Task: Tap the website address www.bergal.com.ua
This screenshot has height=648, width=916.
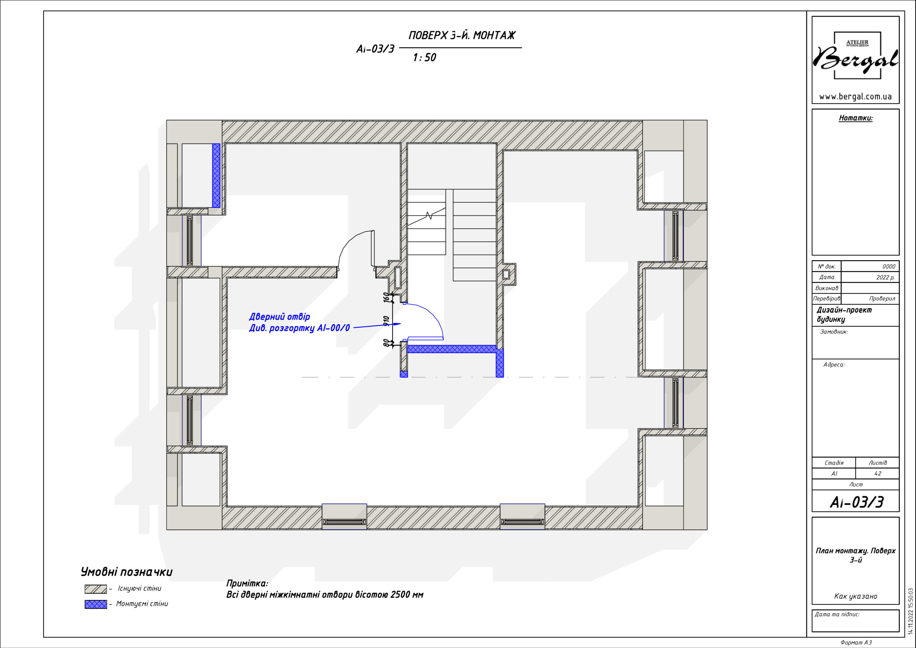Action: tap(856, 97)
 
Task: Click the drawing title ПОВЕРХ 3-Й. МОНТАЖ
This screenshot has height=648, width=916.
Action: tap(462, 35)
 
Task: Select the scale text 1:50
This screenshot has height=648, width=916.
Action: tap(424, 58)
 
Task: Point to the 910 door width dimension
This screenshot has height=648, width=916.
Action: tap(386, 321)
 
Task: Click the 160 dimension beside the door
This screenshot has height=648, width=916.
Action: tap(386, 298)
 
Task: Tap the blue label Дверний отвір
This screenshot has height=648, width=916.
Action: tap(279, 316)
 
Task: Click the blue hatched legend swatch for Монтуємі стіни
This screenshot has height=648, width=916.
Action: tap(96, 604)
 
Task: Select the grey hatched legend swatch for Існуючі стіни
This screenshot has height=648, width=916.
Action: tap(96, 589)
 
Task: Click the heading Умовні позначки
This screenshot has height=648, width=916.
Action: tap(126, 572)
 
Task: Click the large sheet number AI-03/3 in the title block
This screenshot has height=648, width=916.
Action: tap(857, 502)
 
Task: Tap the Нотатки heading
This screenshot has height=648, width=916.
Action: tap(856, 118)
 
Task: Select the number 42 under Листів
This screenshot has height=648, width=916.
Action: tap(878, 474)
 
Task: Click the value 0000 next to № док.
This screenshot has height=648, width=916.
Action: tap(889, 266)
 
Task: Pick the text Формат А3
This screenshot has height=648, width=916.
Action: tap(856, 642)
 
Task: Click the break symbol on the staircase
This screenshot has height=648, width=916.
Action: tap(429, 216)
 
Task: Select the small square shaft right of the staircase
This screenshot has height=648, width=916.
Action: tap(506, 274)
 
